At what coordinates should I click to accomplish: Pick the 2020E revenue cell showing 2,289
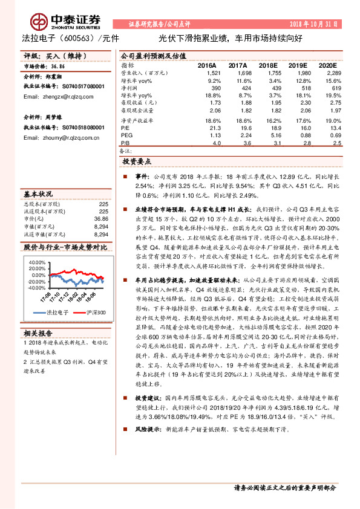click(x=333, y=73)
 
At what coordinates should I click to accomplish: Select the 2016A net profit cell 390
click(x=215, y=88)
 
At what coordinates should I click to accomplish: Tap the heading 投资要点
click(x=137, y=161)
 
